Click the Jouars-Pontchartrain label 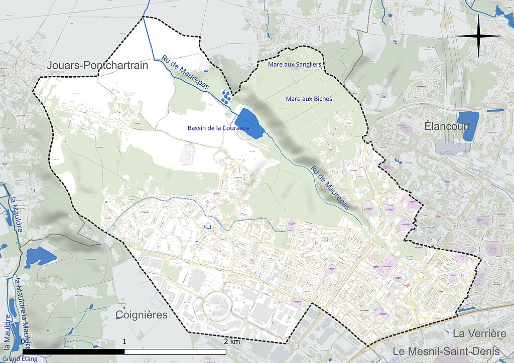[x=98, y=66]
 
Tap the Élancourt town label [x=447, y=125]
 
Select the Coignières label [x=141, y=315]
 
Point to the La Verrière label [x=479, y=333]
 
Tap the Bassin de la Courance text [x=218, y=128]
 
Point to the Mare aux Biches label [x=309, y=99]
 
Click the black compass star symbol [x=479, y=36]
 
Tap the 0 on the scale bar [x=24, y=341]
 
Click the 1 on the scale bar [x=124, y=341]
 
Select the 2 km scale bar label [x=232, y=341]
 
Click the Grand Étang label [x=19, y=358]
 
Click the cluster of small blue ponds [x=227, y=95]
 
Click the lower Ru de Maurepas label [x=329, y=187]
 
